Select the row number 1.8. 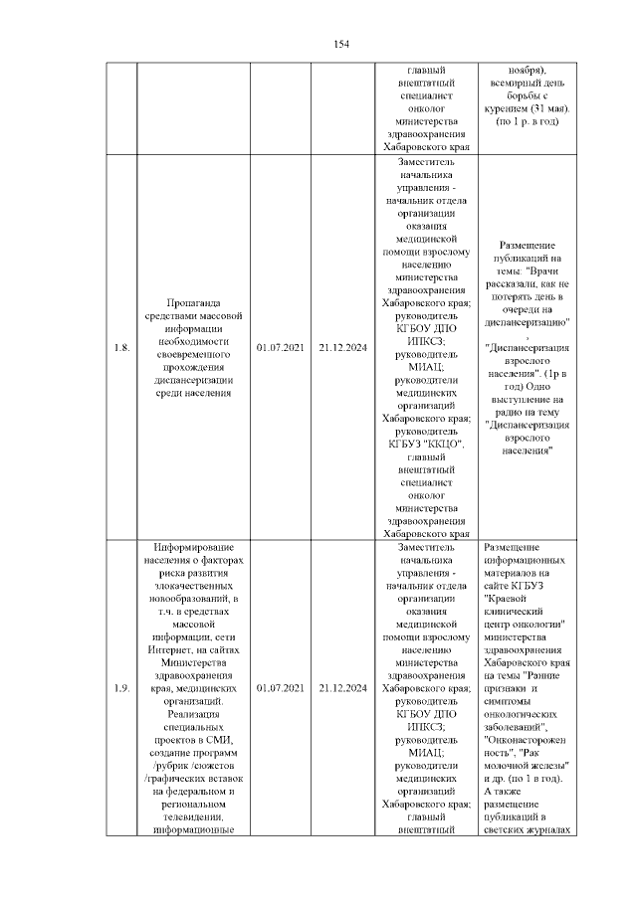(x=120, y=347)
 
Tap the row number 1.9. (x=120, y=688)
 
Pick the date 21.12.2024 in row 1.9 (x=342, y=688)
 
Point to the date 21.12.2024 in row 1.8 (x=342, y=347)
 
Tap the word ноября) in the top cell (x=526, y=71)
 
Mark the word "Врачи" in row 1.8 (x=548, y=270)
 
